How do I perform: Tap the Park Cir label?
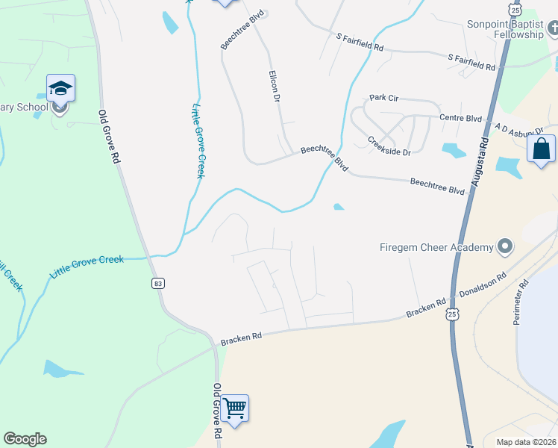pos(386,98)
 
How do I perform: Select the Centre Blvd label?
pos(460,117)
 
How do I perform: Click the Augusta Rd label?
pos(480,162)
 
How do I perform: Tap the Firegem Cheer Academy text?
pos(436,247)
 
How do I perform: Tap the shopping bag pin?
pos(542,149)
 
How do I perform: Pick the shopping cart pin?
pos(234,408)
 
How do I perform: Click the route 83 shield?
pos(157,283)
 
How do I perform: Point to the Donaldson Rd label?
pos(482,284)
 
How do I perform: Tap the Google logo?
pos(25,439)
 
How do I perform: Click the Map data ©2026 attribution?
pos(526,442)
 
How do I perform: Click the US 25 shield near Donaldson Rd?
pos(453,315)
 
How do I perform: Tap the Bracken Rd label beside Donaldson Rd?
pos(425,308)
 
